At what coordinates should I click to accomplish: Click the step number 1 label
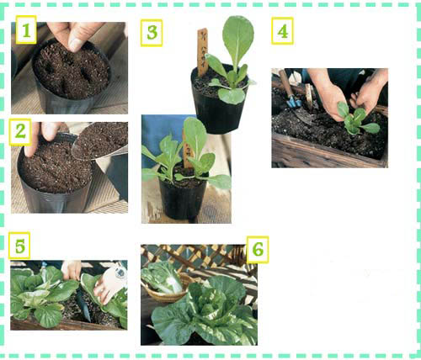(x=26, y=29)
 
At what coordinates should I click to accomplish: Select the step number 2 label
(x=20, y=131)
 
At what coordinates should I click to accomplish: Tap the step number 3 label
(x=152, y=33)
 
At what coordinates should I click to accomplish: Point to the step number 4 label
(x=282, y=31)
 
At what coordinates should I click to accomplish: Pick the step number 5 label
(x=19, y=246)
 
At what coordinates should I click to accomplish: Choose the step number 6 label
(x=258, y=250)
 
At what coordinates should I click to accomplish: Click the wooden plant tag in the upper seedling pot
(x=202, y=52)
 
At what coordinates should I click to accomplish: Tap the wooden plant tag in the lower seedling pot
(x=188, y=150)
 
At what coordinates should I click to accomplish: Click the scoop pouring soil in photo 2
(x=99, y=141)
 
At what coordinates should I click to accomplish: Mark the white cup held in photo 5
(x=112, y=283)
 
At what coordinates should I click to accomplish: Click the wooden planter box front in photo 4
(x=328, y=153)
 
